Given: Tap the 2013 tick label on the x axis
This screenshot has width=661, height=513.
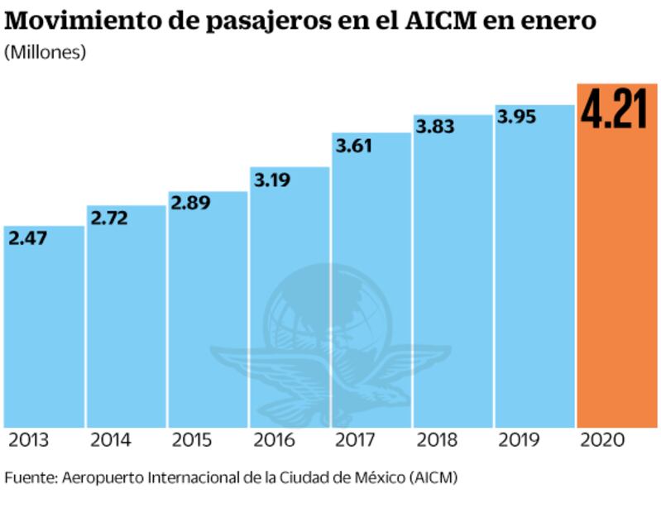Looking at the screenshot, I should tap(28, 439).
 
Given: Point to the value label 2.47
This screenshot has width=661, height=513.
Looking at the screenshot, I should tap(29, 240).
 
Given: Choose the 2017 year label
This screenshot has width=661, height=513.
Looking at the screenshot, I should tap(355, 439).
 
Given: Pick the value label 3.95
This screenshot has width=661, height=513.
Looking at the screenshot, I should tap(517, 117).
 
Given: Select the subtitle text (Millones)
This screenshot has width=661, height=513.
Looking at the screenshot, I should tap(46, 53).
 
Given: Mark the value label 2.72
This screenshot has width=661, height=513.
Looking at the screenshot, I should tap(112, 219).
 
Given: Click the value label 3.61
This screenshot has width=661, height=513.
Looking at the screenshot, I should tap(353, 146).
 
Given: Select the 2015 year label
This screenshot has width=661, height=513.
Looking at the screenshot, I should tap(191, 439).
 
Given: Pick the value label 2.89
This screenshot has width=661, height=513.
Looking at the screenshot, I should tap(193, 204).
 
